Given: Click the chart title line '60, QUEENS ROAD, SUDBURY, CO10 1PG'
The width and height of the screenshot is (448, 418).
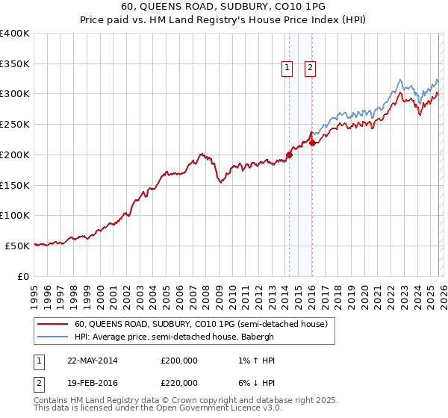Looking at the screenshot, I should tap(223, 5).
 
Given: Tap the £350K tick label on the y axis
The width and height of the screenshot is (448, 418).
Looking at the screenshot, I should tap(15, 63).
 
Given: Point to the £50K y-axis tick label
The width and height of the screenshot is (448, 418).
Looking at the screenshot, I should tap(17, 246).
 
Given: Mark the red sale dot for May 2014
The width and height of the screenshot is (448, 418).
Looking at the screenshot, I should tap(289, 155).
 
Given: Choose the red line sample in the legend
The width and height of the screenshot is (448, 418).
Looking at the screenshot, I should tap(54, 325).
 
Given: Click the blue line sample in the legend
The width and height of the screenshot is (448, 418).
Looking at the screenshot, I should tap(54, 337).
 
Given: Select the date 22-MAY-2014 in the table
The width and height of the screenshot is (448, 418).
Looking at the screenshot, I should tap(93, 361).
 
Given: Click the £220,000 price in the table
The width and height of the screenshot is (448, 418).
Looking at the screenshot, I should tap(179, 382).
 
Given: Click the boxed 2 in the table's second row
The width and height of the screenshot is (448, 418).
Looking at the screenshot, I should tap(37, 382).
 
